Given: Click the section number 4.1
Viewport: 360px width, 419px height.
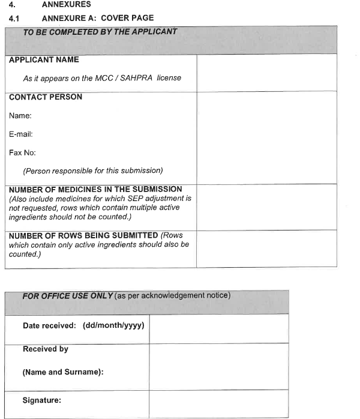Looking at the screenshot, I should click(14, 18).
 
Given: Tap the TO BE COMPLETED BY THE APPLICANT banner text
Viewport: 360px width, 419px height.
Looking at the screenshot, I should click(100, 32).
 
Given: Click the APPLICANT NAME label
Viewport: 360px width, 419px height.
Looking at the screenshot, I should click(44, 60).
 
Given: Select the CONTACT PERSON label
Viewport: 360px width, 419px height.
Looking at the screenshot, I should click(46, 97).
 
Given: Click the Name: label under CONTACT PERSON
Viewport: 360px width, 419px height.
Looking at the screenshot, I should click(20, 115).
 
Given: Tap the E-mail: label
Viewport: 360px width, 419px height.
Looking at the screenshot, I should click(21, 134).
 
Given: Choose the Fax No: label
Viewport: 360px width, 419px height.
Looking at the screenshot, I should click(22, 152).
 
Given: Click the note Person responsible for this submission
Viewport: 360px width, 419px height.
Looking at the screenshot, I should click(93, 170).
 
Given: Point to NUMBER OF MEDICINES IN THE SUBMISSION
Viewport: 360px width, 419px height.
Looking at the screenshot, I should click(95, 190).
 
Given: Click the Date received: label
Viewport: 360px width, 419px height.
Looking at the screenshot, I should click(48, 325).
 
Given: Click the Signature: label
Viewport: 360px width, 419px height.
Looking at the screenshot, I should click(42, 400).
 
